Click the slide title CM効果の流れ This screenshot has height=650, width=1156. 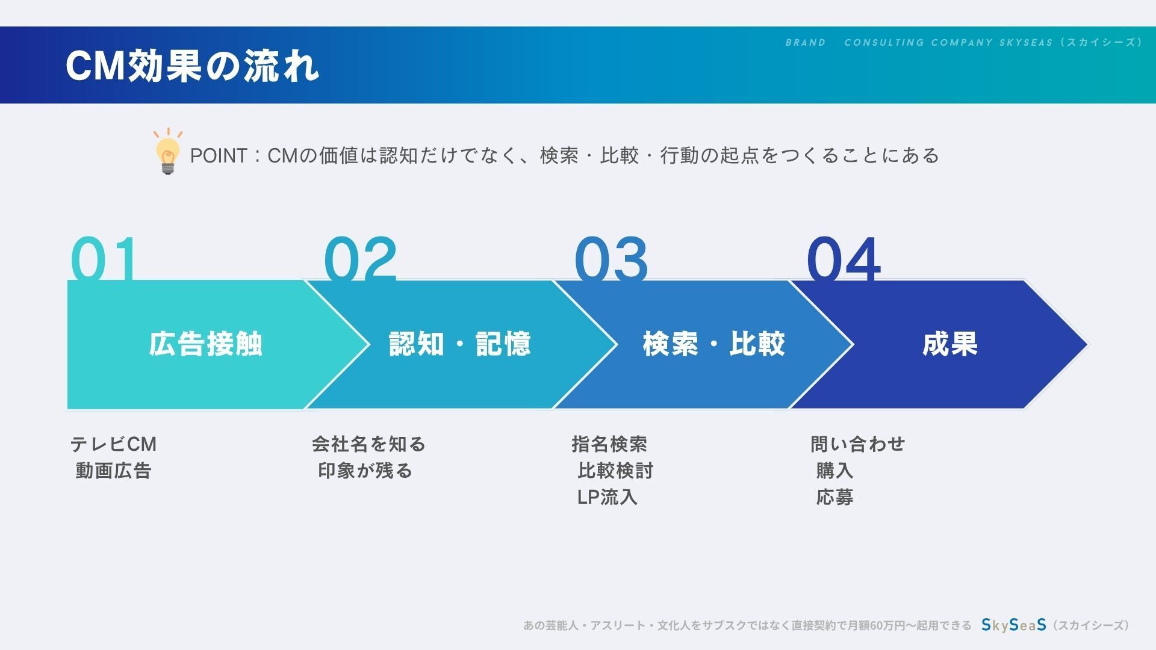click(x=192, y=65)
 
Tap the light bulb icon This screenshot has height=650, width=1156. click(x=168, y=152)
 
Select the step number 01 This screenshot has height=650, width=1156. click(x=104, y=258)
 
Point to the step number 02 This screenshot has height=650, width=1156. click(x=360, y=258)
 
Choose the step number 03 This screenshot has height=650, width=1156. click(x=611, y=258)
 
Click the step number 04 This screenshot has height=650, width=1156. click(x=844, y=258)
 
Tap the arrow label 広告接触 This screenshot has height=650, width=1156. click(x=206, y=344)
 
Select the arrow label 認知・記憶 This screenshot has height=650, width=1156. click(x=460, y=344)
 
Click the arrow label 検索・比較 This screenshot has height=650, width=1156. click(x=714, y=344)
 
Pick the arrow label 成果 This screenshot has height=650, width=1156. click(x=950, y=344)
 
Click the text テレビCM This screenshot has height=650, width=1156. click(x=113, y=444)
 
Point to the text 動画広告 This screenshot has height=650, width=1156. click(x=113, y=471)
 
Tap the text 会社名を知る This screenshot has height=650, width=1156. click(x=368, y=444)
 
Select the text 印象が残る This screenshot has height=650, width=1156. click(x=365, y=471)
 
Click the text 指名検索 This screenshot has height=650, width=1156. click(x=609, y=444)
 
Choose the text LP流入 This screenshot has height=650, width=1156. click(x=607, y=497)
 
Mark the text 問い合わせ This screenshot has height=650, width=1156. click(x=857, y=444)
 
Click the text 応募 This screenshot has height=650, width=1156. click(x=834, y=497)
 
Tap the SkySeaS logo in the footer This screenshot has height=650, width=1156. click(x=1014, y=625)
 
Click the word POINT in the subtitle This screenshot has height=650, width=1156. click(x=219, y=156)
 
